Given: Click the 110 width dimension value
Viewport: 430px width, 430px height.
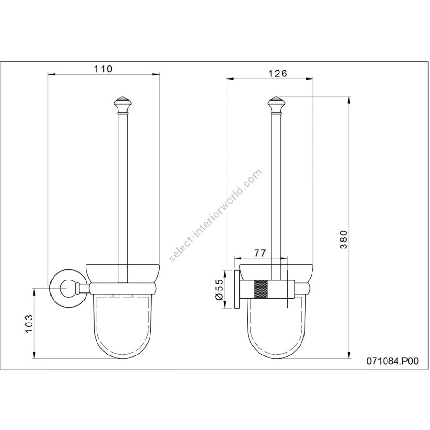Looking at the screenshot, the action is [x=103, y=69].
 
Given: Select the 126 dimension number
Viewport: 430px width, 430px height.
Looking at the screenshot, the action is [x=278, y=74].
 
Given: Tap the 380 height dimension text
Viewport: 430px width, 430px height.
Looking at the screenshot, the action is [x=344, y=239].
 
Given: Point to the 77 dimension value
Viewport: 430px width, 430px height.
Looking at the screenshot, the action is [x=260, y=253].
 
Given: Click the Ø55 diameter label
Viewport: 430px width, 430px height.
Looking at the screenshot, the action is [x=220, y=290].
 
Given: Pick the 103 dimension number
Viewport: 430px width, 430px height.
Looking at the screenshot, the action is [x=29, y=323].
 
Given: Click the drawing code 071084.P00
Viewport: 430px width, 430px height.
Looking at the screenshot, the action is [x=393, y=361].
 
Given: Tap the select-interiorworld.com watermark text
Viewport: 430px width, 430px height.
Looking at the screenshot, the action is [x=215, y=215].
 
